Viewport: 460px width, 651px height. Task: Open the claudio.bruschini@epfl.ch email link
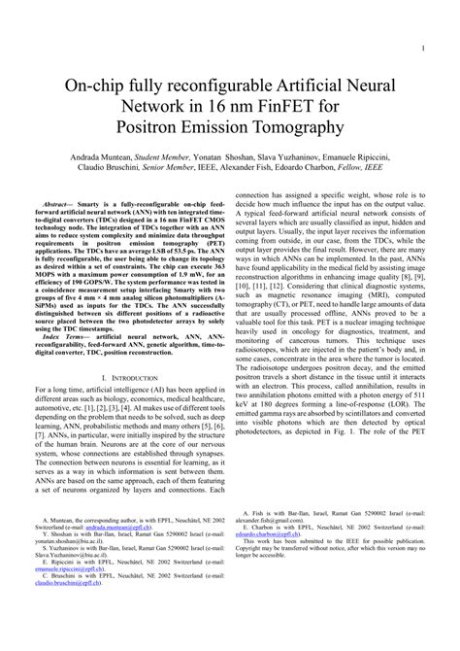pos(82,612)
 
